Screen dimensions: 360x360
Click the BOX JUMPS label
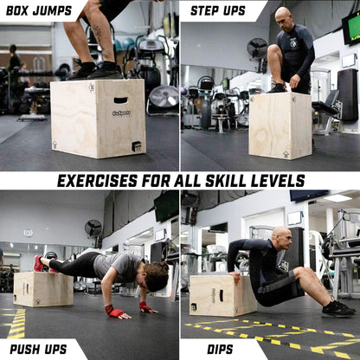coord(39,10)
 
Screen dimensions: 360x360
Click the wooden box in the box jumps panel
coord(98,119)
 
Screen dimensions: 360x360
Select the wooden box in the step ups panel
coord(280,125)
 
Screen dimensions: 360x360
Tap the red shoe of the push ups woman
coord(38,263)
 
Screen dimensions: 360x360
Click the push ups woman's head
coord(155,276)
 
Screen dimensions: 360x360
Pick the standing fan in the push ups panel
coord(93,230)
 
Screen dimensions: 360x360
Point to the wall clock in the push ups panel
coord(28,233)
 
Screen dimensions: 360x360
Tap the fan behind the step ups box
coord(257,48)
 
